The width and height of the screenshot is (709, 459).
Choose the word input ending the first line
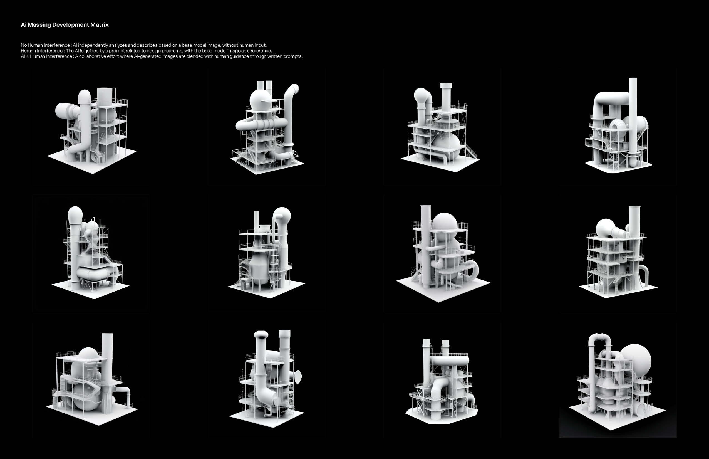pyautogui.click(x=260, y=45)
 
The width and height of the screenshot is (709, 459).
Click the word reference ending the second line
pyautogui.click(x=261, y=51)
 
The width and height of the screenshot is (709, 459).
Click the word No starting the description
pyautogui.click(x=24, y=45)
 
